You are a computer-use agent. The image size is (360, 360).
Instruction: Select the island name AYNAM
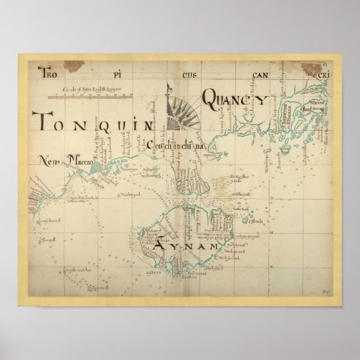point(184,245)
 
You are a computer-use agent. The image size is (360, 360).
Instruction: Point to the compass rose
point(183,111)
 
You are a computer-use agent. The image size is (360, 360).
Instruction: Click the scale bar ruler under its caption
point(89,96)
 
